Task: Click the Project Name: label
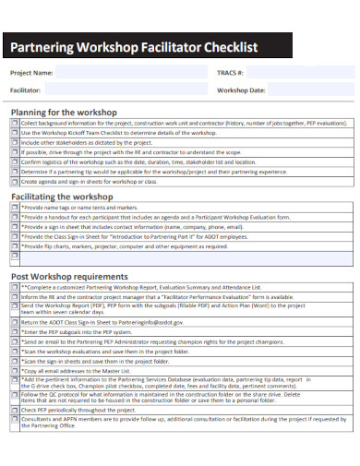32,72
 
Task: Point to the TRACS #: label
229,72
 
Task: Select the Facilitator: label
27,90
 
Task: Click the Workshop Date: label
241,90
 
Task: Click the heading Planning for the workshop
64,112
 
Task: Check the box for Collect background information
14,123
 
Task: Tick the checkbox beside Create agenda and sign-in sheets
14,182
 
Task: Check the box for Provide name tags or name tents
14,209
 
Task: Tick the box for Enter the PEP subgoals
14,330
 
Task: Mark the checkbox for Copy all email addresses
14,371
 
